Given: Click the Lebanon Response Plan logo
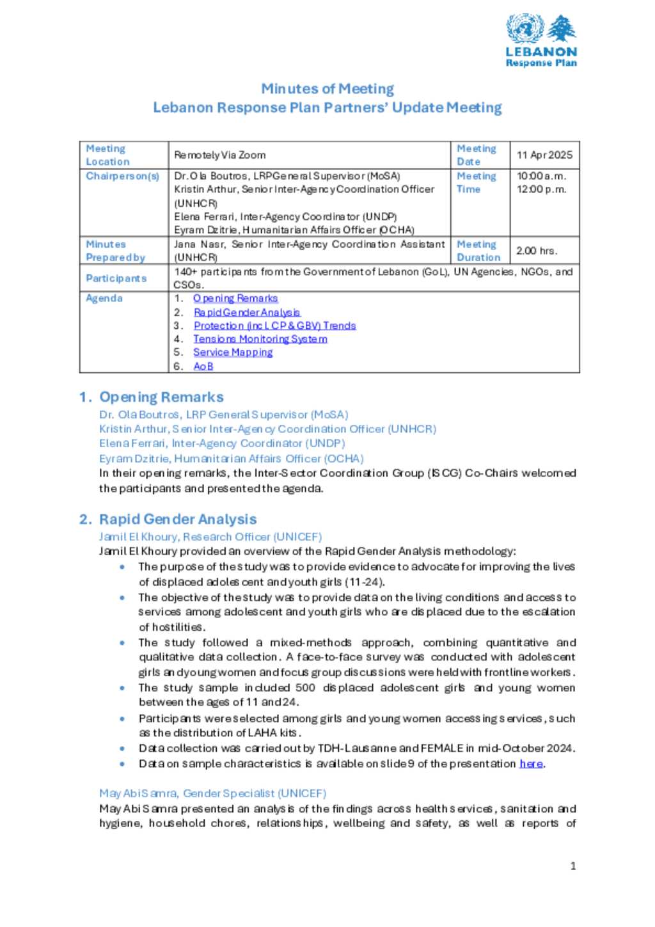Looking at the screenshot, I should point(541,40).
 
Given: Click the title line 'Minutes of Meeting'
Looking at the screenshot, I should point(327,89).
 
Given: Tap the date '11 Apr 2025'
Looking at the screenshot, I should point(544,155).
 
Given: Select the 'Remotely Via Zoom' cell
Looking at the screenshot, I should point(220,155).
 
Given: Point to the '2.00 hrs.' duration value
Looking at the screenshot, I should point(537,251).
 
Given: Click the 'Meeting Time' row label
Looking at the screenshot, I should point(477,183).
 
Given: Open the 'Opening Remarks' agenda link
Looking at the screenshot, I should point(235,298).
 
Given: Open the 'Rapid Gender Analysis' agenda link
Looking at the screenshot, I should point(247,312).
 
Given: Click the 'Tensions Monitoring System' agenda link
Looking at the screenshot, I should point(260,339).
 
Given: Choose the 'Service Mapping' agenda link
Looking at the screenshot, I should point(233,353).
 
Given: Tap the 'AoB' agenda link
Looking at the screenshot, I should point(203,367).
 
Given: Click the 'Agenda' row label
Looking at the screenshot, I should point(104,298).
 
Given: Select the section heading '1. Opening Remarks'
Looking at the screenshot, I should point(152,397).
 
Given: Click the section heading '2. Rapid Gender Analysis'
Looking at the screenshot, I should point(168,519).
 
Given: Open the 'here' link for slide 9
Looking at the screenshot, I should point(531,764).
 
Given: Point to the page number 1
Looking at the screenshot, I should point(573,866).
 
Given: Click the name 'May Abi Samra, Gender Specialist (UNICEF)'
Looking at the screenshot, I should point(212,793).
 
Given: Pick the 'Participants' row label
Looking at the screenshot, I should point(116,278).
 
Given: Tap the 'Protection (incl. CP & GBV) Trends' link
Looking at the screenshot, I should point(274,326).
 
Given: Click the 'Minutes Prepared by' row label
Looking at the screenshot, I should point(116,251).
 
